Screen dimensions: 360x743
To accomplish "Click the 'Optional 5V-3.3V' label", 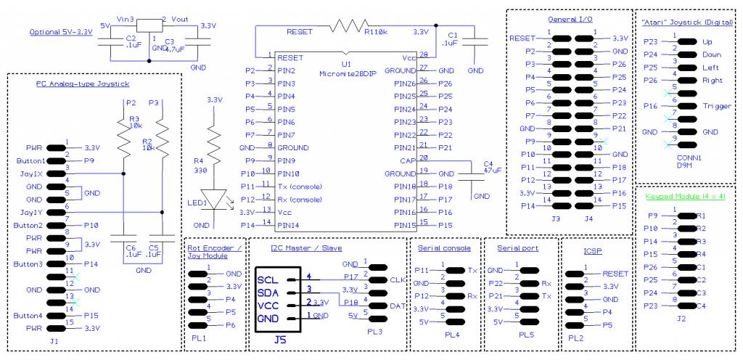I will pos(60,33).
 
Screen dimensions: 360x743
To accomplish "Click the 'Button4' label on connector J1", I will pos(30,316).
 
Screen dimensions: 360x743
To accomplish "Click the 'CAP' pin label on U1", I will pos(406,161).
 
